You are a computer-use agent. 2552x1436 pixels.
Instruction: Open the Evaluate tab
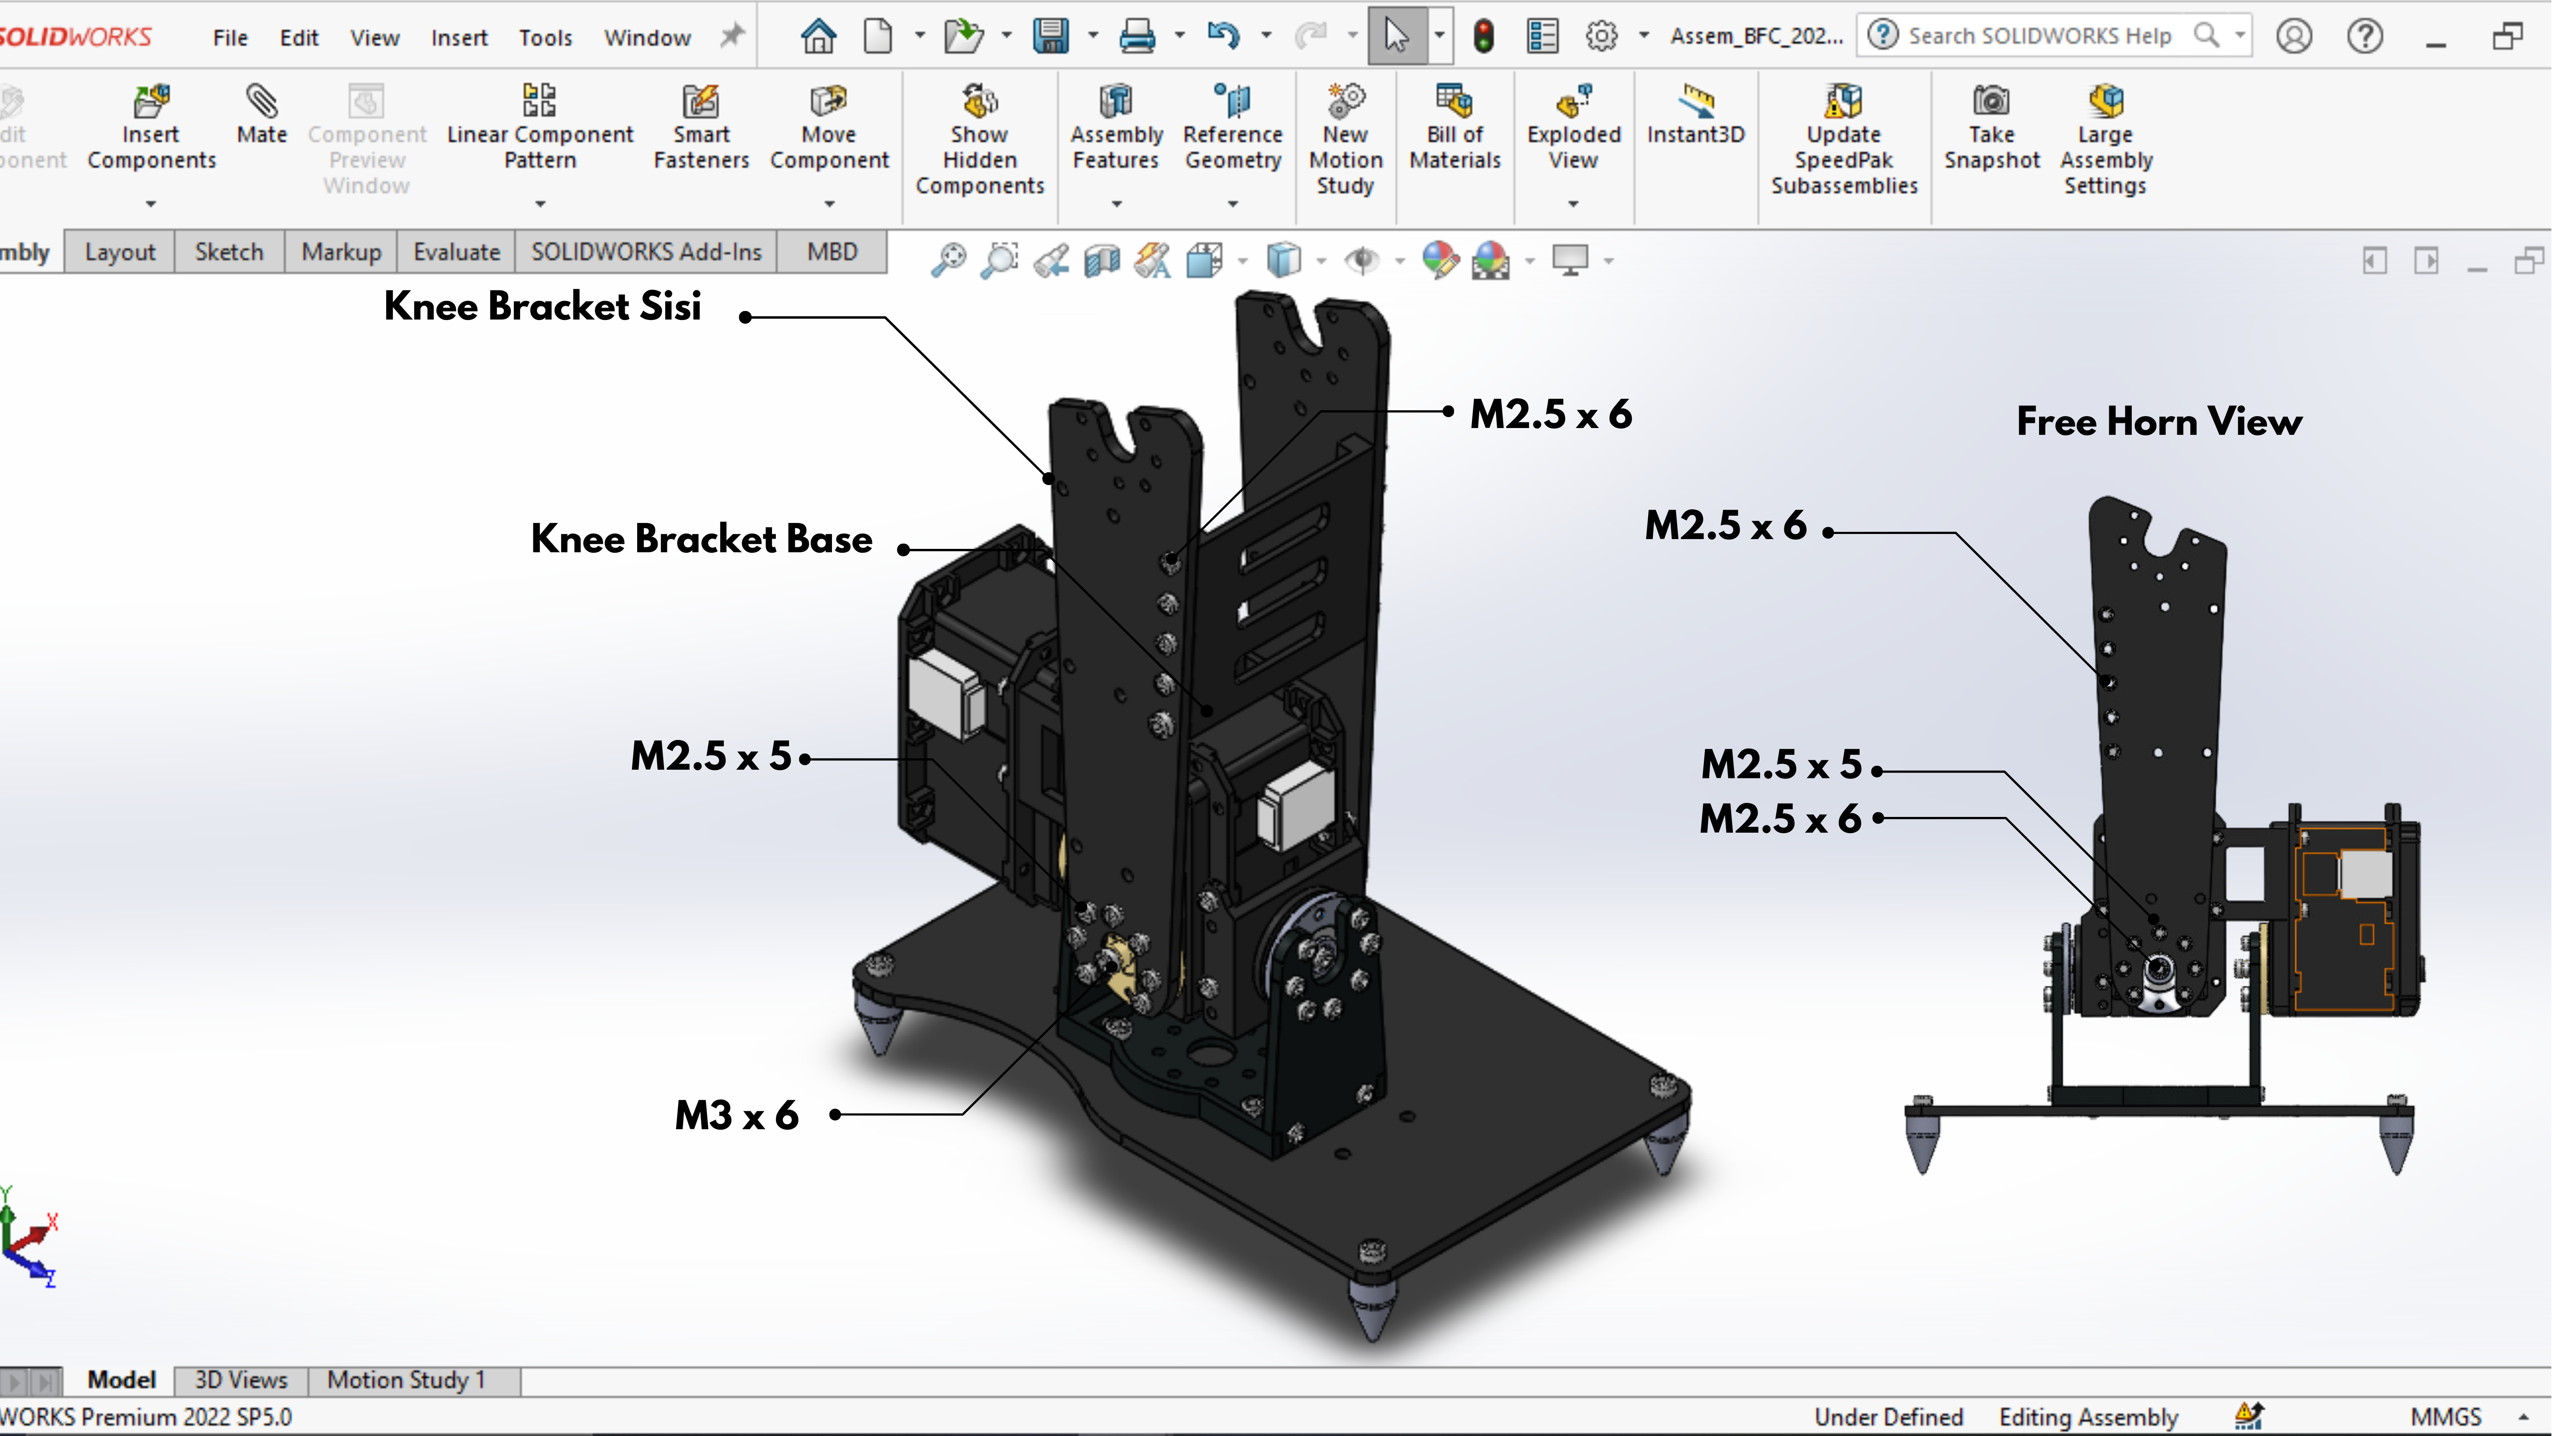click(x=456, y=252)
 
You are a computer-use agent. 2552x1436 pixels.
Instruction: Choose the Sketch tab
click(x=229, y=252)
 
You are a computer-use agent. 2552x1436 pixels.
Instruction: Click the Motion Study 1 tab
click(x=406, y=1379)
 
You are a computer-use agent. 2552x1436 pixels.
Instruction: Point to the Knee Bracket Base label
click(x=701, y=539)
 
